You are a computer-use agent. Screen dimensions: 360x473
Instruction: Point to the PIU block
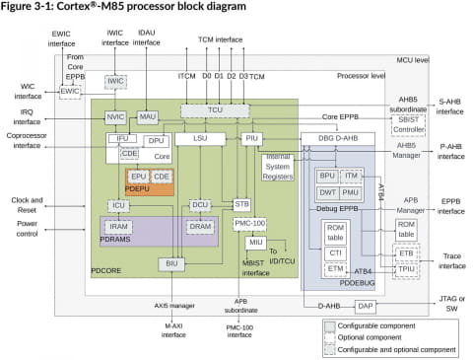252,139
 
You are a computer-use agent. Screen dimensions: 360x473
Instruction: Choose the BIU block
171,263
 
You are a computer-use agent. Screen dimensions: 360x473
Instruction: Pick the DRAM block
200,226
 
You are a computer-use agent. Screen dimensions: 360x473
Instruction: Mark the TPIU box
406,266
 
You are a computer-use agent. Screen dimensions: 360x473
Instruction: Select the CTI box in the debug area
335,252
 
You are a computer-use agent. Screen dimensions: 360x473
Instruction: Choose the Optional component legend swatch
327,335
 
